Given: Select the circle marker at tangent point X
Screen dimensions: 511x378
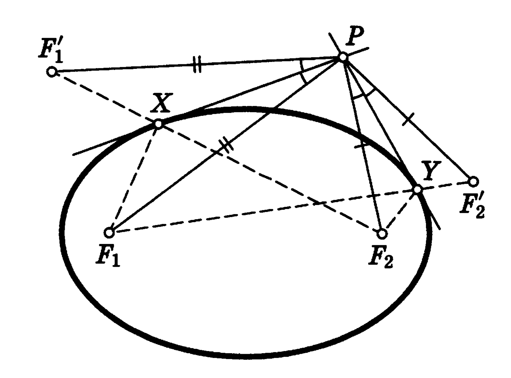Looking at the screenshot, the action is point(158,124).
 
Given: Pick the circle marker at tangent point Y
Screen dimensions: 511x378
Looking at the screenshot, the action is point(417,189).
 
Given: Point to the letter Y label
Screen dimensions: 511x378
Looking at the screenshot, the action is point(431,170).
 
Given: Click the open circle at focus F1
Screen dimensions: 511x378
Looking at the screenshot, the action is point(109,233).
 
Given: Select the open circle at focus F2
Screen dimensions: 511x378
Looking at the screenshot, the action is point(382,234).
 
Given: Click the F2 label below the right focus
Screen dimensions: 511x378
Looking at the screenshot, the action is point(381,258).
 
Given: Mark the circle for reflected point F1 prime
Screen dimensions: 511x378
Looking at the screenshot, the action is point(52,72).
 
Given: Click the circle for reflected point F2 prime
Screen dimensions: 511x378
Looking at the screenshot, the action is point(473,181).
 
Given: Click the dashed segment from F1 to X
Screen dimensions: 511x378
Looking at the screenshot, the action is point(134,178).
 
